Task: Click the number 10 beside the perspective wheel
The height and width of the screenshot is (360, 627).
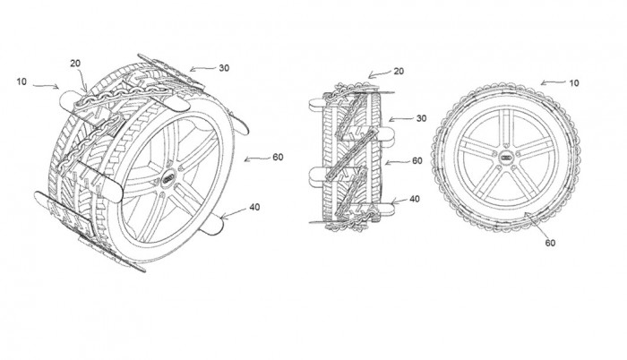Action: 21,81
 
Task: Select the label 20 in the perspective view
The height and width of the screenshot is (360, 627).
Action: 75,64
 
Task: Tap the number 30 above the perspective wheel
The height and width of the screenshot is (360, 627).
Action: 224,68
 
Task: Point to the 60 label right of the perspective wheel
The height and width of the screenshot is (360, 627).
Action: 278,158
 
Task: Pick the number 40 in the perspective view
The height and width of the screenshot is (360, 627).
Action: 254,207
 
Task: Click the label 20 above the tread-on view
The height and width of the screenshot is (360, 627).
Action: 399,72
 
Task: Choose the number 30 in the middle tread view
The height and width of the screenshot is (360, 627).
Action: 422,118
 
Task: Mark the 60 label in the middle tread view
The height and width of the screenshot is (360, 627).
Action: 417,161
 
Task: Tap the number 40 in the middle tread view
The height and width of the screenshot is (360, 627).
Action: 415,199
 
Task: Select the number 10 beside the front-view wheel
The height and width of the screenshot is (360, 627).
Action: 574,83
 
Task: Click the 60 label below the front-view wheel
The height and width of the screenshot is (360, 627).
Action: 550,243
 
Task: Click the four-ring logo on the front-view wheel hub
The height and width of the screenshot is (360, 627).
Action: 507,159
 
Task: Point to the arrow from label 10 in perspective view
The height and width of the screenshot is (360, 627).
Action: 46,86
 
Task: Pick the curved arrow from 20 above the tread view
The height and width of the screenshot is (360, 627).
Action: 380,73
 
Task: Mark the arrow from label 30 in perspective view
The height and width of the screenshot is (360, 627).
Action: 202,69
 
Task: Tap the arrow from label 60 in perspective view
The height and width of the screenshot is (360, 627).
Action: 257,159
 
